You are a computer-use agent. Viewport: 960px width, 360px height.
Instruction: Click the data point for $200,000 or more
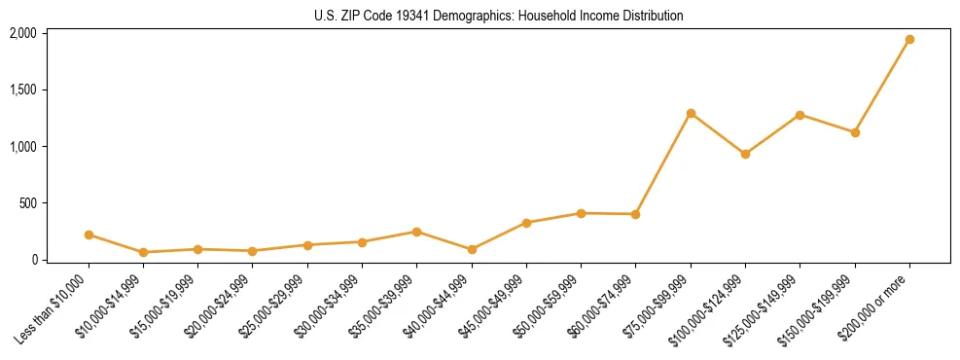[x=909, y=40]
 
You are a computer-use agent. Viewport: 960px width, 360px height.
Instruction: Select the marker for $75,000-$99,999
[x=691, y=114]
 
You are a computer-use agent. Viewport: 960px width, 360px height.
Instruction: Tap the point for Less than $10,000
[x=89, y=234]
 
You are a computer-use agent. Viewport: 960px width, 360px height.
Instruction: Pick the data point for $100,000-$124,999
[x=745, y=154]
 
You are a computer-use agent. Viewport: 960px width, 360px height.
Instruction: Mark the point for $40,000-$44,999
[x=472, y=249]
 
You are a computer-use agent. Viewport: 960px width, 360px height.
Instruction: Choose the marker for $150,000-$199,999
[x=855, y=132]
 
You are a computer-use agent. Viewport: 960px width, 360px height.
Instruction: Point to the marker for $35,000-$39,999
[x=417, y=232]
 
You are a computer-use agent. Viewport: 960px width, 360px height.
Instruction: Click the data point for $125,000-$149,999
[x=800, y=115]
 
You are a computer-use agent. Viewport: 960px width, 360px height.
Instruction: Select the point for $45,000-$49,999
[x=526, y=223]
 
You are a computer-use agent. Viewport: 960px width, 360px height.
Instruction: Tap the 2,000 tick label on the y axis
[x=22, y=33]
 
